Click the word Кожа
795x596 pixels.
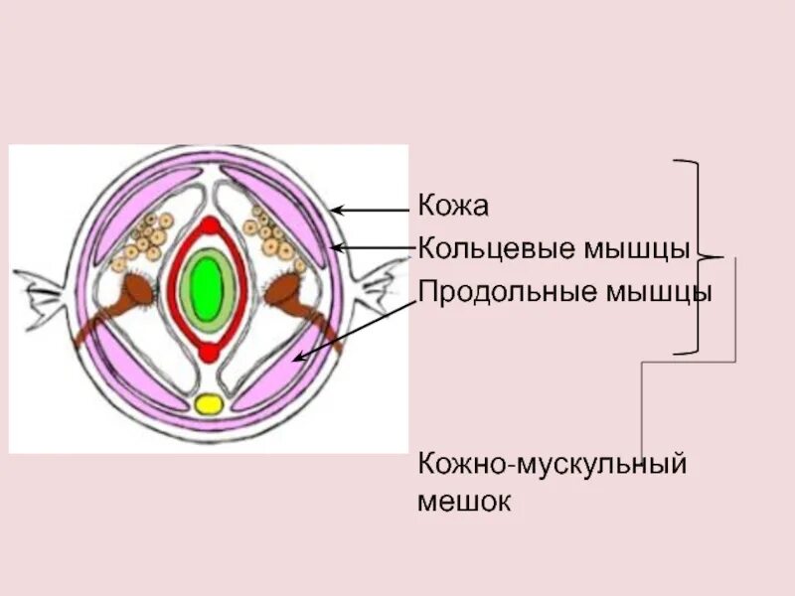[x=454, y=207]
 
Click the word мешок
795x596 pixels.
[x=464, y=501]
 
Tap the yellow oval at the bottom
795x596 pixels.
[x=210, y=403]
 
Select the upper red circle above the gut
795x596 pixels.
[x=209, y=224]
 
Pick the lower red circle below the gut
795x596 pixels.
[x=209, y=352]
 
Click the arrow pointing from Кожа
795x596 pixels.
[x=370, y=210]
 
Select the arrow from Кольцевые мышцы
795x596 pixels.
[x=370, y=247]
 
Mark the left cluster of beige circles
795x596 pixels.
[x=145, y=239]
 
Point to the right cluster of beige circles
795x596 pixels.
[x=272, y=236]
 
